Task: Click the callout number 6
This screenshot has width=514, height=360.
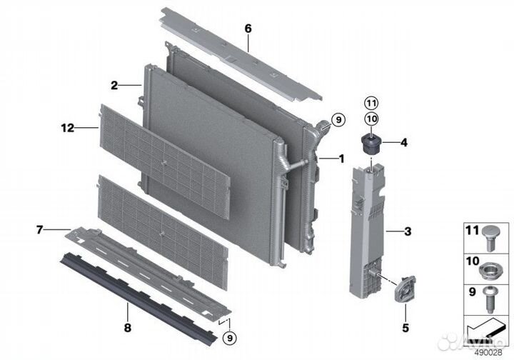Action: click(248, 29)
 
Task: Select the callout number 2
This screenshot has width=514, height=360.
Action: click(114, 85)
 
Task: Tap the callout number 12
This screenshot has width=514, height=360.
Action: click(68, 129)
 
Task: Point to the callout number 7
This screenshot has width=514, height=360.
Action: click(39, 230)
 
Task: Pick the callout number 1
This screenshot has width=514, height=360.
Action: click(341, 158)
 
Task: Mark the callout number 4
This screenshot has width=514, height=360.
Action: click(403, 143)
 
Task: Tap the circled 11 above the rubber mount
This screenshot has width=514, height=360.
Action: click(371, 103)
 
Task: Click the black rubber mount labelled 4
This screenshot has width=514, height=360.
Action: click(371, 143)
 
